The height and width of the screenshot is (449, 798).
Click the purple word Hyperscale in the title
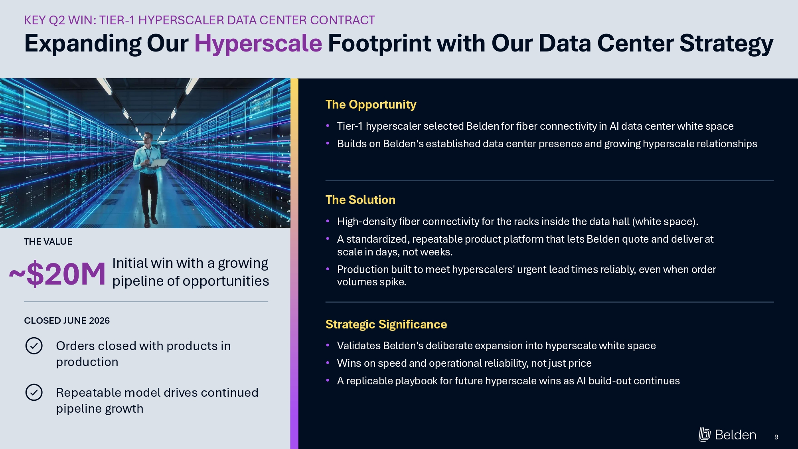point(258,44)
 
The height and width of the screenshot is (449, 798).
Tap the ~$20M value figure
point(57,274)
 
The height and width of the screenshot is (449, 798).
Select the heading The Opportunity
point(371,105)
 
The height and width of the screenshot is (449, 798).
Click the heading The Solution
point(360,200)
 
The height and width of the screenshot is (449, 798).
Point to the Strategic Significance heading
point(386,324)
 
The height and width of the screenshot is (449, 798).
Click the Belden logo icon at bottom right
point(705,434)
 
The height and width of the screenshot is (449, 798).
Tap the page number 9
point(776,437)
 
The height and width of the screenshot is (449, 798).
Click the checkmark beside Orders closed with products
point(34,346)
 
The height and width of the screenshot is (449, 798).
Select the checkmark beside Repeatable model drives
point(34,392)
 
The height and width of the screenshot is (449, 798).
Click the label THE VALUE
point(48,241)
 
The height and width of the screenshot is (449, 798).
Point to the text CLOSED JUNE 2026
point(67,320)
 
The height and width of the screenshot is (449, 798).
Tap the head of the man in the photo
point(148,138)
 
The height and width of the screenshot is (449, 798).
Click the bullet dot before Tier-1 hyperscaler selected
point(328,126)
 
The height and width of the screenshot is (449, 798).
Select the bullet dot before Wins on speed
point(328,363)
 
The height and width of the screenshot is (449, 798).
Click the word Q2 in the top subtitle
point(57,20)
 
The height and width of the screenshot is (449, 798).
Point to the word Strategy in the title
point(726,44)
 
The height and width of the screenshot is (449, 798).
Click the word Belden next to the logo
point(735,435)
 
